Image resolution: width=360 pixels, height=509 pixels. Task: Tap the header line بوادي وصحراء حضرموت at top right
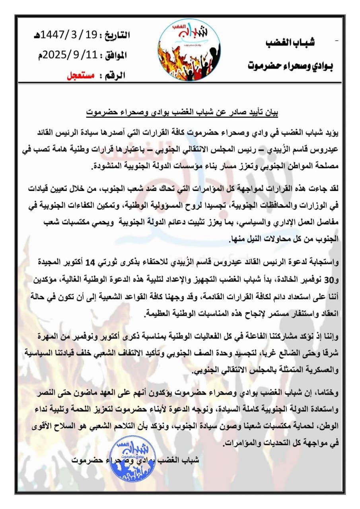click(291, 64)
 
